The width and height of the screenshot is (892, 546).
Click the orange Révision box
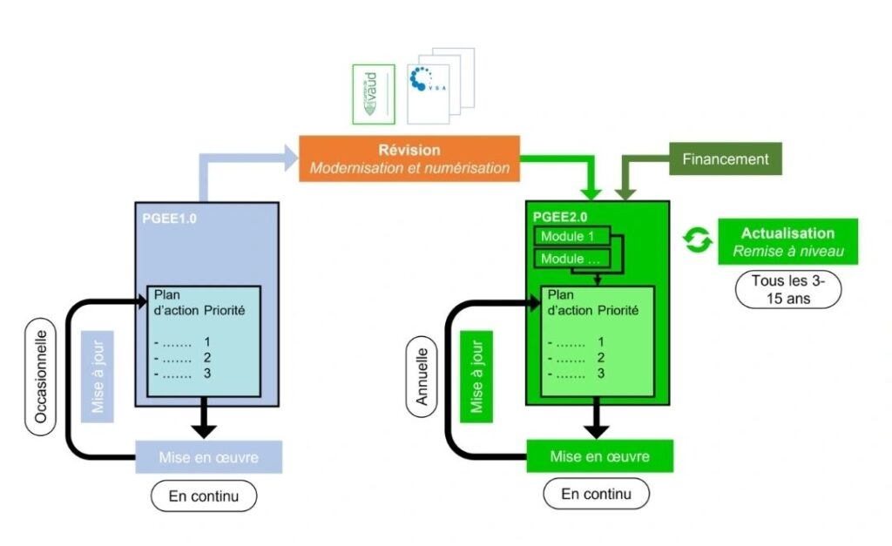(409, 158)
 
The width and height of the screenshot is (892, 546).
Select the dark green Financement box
(725, 159)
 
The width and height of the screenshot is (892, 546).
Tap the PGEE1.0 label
(169, 219)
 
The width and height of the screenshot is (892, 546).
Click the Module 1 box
(568, 237)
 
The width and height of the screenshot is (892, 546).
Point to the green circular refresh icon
(697, 240)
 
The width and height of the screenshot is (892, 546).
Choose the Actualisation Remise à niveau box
(787, 240)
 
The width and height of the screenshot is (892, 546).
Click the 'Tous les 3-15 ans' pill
(787, 289)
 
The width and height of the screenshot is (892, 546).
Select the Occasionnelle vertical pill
(40, 376)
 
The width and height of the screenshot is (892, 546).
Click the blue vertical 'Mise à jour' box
(98, 375)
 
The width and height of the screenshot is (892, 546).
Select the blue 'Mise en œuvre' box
(209, 457)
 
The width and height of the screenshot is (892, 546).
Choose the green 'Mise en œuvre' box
(599, 456)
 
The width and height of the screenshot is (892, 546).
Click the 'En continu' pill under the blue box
(203, 496)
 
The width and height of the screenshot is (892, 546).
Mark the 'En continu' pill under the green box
(596, 494)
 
